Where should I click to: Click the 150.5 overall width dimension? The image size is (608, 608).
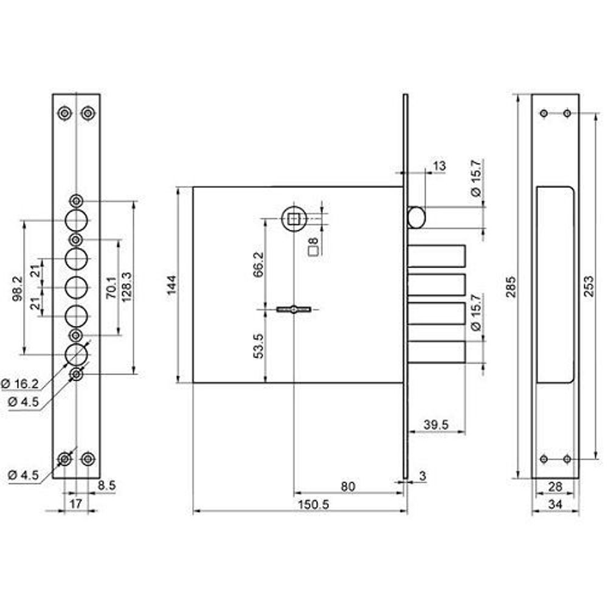[x=313, y=505]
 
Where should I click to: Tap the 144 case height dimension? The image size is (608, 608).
[x=171, y=285]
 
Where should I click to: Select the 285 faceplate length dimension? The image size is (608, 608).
[x=511, y=286]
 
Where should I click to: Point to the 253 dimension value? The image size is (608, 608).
[x=589, y=286]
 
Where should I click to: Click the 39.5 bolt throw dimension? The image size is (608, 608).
[x=436, y=424]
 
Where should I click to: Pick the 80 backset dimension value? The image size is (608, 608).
[x=348, y=486]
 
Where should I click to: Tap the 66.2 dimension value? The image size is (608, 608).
[x=258, y=264]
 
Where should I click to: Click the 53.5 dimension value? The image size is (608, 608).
[x=258, y=345]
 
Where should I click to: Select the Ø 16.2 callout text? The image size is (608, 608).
[x=20, y=384]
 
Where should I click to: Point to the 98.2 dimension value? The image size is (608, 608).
[x=18, y=289]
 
